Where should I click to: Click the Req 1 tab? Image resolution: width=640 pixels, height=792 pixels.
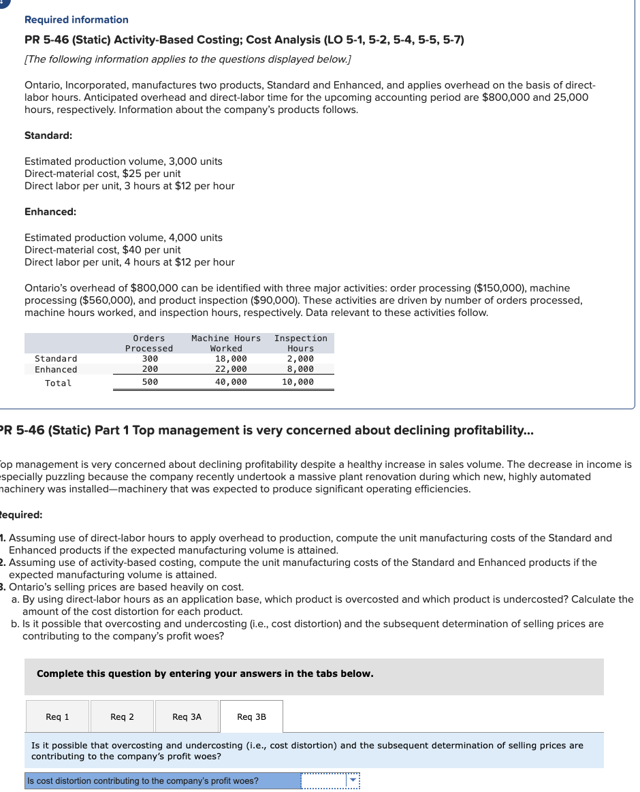point(57,716)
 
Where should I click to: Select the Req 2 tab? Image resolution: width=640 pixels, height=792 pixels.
point(122,716)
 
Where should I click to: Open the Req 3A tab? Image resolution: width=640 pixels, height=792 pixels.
point(187,716)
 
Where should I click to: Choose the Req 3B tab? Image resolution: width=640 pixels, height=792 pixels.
point(251,716)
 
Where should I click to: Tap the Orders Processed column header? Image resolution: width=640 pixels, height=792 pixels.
point(148,343)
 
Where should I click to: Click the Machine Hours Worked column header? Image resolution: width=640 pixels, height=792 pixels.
point(226,343)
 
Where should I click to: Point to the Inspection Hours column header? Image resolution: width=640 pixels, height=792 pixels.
point(300,343)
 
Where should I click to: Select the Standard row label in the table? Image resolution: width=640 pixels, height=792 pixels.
point(56,359)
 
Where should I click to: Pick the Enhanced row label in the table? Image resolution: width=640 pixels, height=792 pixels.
point(56,370)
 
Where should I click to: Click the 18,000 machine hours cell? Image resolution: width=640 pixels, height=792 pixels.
point(231,359)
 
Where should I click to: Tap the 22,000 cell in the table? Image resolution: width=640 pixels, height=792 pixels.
point(231,370)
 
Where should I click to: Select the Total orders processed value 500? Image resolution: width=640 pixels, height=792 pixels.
point(150,383)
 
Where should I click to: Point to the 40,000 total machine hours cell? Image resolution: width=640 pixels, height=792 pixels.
point(231,383)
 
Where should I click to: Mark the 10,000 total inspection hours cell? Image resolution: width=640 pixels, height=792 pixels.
point(298,383)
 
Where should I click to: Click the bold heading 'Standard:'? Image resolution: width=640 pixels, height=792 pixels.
point(48,136)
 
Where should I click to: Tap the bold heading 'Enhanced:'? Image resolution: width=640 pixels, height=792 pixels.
point(50,212)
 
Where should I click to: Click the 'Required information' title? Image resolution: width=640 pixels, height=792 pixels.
point(76,20)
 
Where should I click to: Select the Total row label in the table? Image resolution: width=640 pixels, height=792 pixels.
point(58,383)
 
